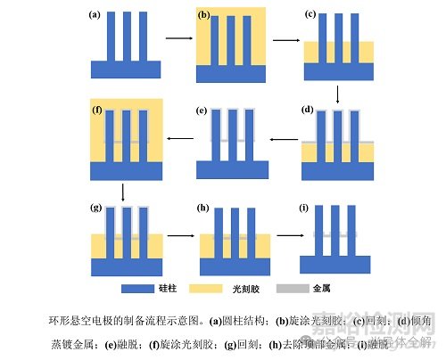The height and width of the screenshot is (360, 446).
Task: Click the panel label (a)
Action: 93,15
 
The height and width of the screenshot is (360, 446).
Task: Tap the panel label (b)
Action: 203,16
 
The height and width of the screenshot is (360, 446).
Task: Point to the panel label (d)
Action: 308,110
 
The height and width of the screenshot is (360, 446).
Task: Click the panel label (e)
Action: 202,110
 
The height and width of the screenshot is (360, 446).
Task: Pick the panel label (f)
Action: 97,110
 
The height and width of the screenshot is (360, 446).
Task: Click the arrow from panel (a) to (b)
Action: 179,40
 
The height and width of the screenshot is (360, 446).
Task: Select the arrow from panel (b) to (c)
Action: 285,40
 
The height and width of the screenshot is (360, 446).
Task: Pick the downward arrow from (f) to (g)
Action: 123,192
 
